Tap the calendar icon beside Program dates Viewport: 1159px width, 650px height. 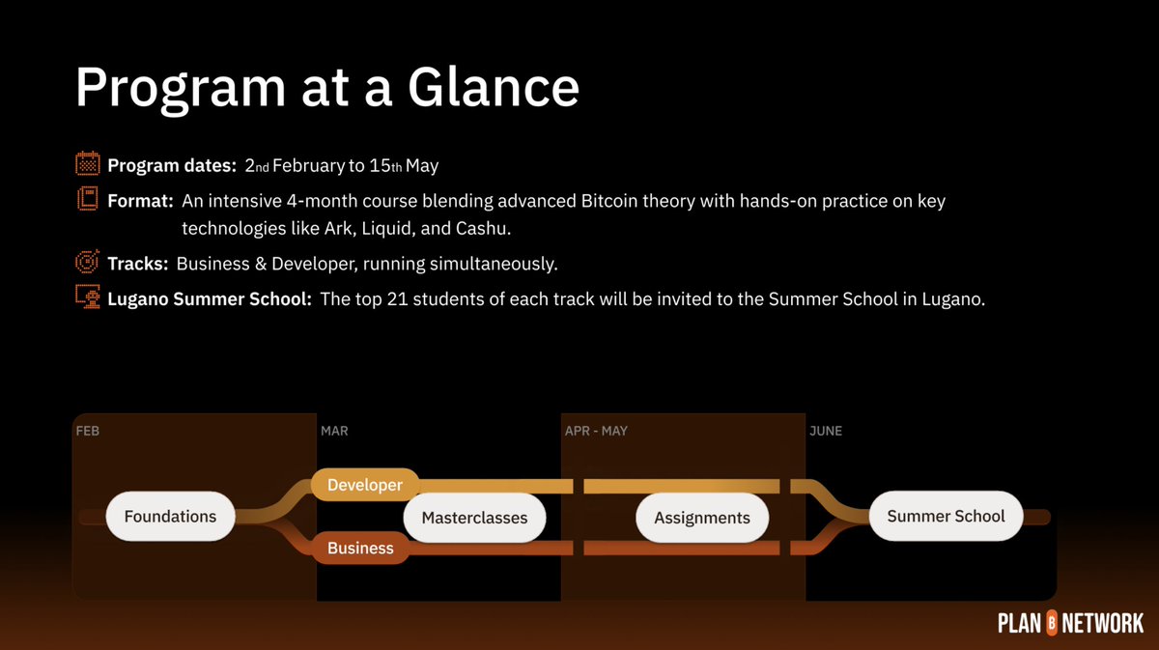click(87, 164)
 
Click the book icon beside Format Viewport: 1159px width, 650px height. click(87, 200)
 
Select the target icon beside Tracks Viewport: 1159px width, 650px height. click(87, 263)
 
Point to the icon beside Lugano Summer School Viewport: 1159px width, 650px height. click(87, 298)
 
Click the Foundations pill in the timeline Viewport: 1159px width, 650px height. click(170, 516)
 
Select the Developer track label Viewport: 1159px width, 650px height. click(364, 485)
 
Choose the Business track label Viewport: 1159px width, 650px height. click(360, 548)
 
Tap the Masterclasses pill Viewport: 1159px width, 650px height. click(474, 518)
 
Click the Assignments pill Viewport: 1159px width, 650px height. click(702, 518)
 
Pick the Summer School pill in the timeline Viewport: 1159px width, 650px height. click(946, 516)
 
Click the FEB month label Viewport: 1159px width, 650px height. click(87, 431)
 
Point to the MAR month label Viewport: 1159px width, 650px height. click(334, 431)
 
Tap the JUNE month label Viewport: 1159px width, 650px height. click(826, 431)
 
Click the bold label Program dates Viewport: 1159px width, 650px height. click(172, 166)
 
